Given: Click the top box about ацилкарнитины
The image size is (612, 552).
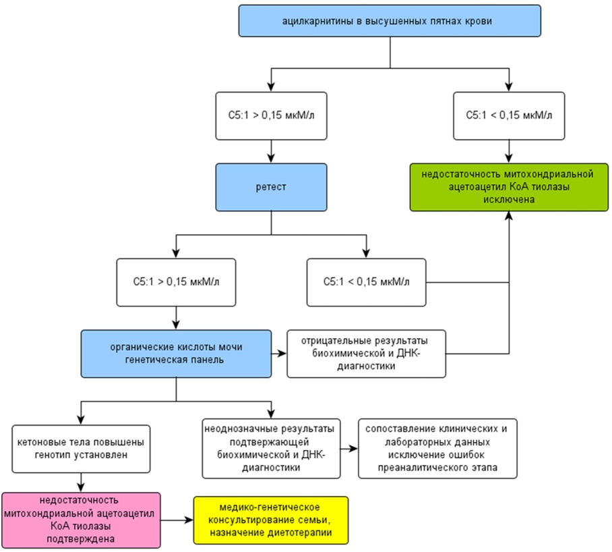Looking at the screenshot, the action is [x=390, y=21].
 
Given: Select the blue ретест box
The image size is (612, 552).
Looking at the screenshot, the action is [x=271, y=187].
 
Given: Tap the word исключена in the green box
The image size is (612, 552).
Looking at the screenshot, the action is [x=509, y=199].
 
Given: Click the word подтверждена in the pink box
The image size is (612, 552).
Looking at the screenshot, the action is [x=81, y=539].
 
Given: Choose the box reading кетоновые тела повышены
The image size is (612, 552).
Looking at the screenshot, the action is [x=81, y=449].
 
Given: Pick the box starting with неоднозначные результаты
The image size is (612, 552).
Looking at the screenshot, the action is [x=271, y=449].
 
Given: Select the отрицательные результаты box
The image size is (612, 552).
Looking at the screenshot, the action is [x=366, y=354].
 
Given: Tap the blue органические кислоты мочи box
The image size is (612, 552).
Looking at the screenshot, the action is [x=176, y=354].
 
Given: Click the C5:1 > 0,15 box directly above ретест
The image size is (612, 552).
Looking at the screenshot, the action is [x=271, y=115].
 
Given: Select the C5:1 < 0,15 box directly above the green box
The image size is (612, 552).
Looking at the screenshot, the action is [x=509, y=115].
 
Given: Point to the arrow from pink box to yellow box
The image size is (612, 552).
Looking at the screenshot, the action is [x=177, y=520].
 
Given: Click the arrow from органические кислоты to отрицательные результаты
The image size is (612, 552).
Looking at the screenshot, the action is [x=279, y=354].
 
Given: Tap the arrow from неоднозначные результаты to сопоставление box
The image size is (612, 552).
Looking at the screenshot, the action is [x=349, y=449].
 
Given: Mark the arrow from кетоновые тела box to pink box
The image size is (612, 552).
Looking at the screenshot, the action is [x=81, y=482].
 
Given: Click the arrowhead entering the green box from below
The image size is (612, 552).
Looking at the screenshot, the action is [x=509, y=215].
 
